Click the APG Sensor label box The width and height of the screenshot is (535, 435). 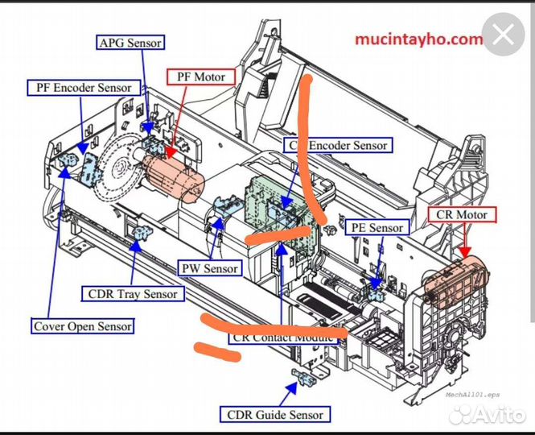130,42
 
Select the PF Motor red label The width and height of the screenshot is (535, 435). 201,77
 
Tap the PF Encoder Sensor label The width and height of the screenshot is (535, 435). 83,87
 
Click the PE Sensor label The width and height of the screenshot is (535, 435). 376,228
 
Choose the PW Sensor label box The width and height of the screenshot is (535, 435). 209,268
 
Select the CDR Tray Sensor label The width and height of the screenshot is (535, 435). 132,293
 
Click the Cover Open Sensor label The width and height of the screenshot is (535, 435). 83,326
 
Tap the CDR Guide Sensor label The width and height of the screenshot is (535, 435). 274,415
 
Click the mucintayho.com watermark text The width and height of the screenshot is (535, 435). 419,39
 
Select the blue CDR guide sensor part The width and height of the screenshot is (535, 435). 304,378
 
